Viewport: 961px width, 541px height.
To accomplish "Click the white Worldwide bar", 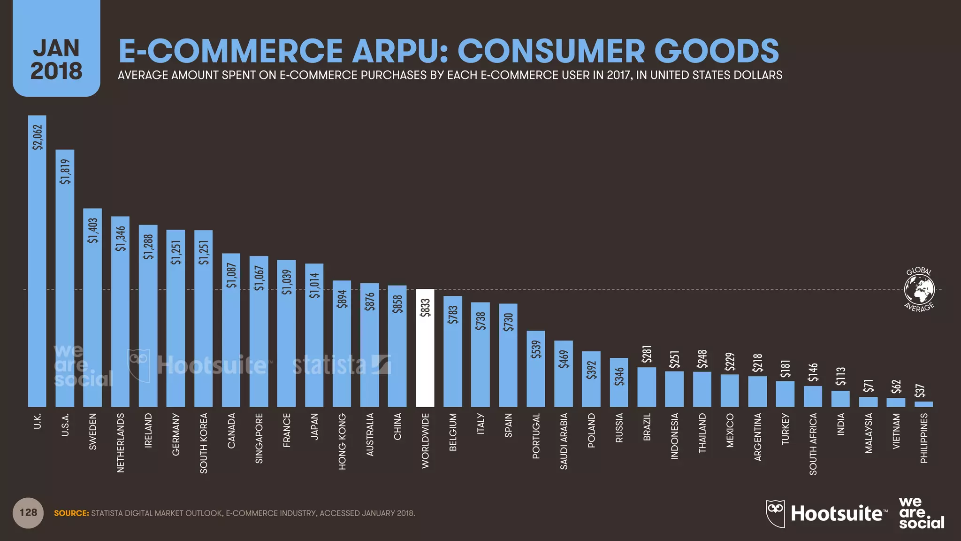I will [x=425, y=357].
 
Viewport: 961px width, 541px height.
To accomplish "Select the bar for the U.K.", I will [x=37, y=282].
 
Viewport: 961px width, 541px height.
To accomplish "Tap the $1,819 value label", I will [x=65, y=172].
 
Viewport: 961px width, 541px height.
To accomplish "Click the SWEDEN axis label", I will [x=93, y=431].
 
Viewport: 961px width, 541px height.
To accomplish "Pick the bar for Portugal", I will [x=535, y=376].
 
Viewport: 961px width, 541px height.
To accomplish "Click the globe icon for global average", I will [x=919, y=289].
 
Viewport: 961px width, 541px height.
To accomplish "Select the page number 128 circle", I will [x=28, y=513].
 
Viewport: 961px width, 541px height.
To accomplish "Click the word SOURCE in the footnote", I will [x=71, y=513].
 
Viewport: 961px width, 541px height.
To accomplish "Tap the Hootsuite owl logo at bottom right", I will [x=775, y=513].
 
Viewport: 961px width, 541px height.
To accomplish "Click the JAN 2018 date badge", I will [x=56, y=59].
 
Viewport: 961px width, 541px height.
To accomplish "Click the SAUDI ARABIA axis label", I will [x=564, y=441].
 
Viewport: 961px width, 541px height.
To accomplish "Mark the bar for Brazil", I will [x=647, y=387].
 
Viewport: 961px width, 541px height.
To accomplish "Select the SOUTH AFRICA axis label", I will [x=813, y=444].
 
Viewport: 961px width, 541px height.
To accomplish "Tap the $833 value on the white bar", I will [x=425, y=308].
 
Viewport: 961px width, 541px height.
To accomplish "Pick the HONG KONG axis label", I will [x=342, y=441].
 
